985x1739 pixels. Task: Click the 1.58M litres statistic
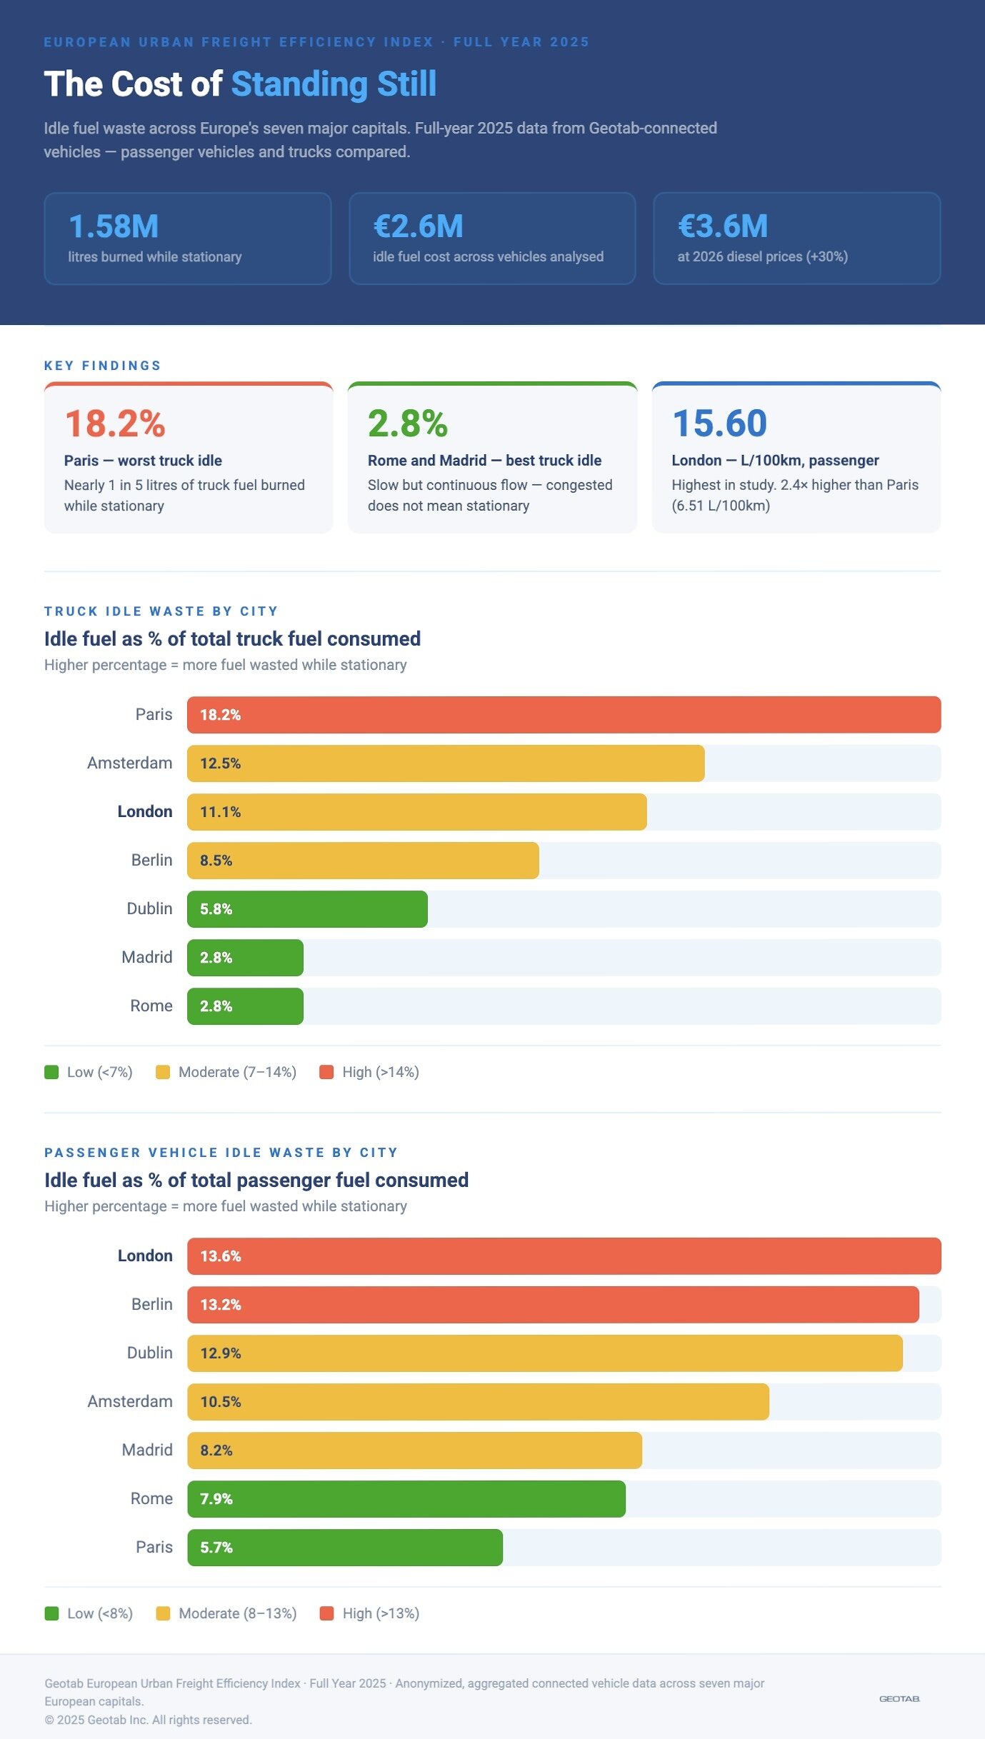point(114,226)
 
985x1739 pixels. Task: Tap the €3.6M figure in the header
point(723,226)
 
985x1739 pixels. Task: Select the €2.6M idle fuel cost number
point(418,226)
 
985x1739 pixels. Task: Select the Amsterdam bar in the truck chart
point(446,763)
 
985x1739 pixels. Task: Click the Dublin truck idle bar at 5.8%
point(307,909)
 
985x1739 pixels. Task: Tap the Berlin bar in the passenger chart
point(553,1305)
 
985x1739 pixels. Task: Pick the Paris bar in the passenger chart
point(345,1548)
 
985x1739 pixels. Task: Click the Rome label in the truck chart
point(151,1006)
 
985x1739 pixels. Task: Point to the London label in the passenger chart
point(145,1256)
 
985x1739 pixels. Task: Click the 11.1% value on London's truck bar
point(220,812)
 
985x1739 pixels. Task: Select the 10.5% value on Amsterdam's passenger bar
point(221,1402)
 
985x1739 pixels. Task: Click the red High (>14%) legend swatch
point(326,1072)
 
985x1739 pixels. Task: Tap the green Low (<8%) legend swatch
point(51,1613)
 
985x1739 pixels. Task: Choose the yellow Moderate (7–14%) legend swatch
point(163,1072)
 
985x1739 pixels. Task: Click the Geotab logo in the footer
point(899,1699)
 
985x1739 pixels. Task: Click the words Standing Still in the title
point(334,84)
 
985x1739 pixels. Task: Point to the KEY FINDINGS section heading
point(103,366)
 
